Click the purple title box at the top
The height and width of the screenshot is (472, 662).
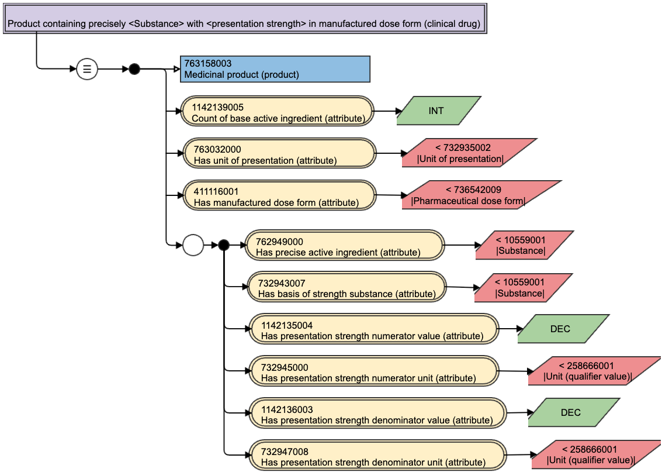tap(245, 19)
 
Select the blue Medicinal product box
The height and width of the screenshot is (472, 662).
tap(275, 69)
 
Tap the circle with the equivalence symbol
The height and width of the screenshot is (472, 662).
tap(87, 69)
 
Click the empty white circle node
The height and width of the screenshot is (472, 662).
tap(193, 245)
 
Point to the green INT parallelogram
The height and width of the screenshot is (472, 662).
tap(439, 111)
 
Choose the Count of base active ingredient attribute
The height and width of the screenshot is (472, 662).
tap(278, 111)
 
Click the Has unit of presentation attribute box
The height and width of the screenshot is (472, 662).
tap(279, 153)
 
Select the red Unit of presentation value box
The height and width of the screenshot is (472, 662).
tap(470, 153)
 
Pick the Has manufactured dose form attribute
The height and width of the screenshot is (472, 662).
tap(279, 195)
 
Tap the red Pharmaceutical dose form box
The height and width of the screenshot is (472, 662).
tap(481, 195)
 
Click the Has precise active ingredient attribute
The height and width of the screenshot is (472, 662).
tap(345, 245)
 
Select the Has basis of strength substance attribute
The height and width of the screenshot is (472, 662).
tap(346, 287)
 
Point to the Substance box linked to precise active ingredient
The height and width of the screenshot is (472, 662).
tap(525, 245)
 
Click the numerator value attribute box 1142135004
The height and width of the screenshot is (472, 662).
tap(373, 329)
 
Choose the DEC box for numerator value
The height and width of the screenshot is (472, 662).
tap(564, 328)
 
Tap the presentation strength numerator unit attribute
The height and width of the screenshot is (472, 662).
tap(373, 371)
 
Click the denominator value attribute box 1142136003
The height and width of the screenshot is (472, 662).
tap(377, 413)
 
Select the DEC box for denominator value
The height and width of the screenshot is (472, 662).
tap(574, 412)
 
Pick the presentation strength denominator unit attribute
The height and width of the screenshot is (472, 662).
tap(377, 455)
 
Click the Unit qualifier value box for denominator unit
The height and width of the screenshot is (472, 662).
tap(596, 454)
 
